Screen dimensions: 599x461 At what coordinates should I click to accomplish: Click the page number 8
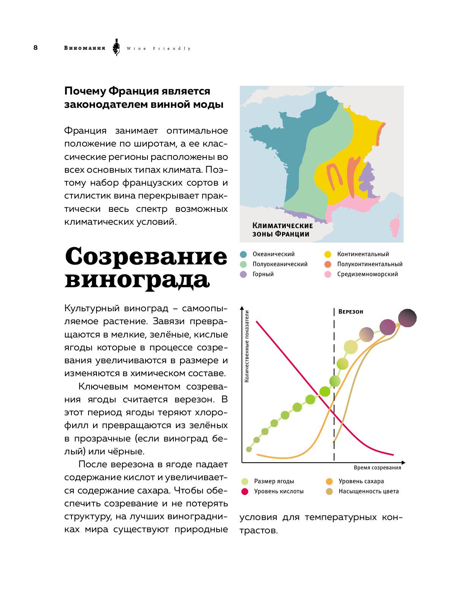(x=36, y=47)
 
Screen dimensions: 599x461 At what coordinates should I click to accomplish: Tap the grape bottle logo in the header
(x=116, y=47)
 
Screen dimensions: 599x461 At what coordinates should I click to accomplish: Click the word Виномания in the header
(x=84, y=48)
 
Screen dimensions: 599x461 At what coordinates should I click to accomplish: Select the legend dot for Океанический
(x=244, y=254)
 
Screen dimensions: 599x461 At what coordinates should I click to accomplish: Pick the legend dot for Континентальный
(x=328, y=254)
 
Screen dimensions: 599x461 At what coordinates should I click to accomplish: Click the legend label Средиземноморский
(x=367, y=274)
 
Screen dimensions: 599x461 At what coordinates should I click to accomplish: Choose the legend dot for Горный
(x=244, y=274)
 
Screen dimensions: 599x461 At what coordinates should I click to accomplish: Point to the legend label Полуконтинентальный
(x=369, y=264)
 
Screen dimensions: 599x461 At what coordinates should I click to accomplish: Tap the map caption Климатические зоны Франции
(x=282, y=230)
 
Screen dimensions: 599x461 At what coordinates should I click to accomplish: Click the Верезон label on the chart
(x=350, y=312)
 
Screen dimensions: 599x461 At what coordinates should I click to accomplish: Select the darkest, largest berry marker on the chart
(x=407, y=318)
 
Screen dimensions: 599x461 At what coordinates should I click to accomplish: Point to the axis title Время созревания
(x=377, y=468)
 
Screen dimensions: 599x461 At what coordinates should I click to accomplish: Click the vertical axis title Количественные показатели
(x=247, y=346)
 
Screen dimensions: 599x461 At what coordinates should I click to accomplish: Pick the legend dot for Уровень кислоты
(x=245, y=492)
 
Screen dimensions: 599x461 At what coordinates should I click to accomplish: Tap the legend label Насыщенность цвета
(x=368, y=491)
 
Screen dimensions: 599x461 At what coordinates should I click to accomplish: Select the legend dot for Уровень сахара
(x=329, y=481)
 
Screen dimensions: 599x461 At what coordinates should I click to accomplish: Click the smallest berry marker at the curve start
(x=249, y=449)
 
